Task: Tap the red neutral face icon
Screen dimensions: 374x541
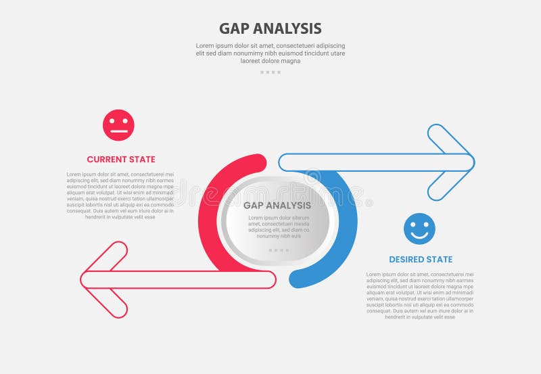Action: pos(118,125)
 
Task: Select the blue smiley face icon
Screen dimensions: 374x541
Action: pos(419,229)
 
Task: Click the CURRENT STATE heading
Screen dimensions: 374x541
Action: pos(121,160)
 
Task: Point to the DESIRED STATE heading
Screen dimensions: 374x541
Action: pos(421,259)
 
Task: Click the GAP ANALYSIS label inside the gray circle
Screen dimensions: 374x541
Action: pos(277,205)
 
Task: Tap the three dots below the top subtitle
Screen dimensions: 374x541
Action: pos(270,72)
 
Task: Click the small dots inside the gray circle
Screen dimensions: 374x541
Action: pos(278,250)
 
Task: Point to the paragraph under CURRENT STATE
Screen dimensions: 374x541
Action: pos(121,195)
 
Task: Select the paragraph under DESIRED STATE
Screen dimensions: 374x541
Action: pos(420,296)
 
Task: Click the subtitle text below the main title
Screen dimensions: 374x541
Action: pos(270,53)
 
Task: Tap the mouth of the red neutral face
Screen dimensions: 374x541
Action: pos(118,131)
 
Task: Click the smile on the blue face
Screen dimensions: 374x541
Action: pos(419,235)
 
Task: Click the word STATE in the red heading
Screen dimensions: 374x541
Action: pos(142,160)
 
